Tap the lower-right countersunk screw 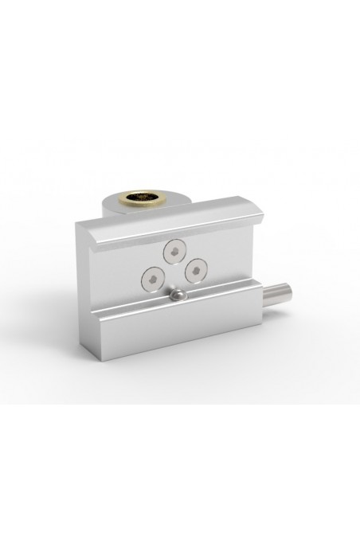(193, 271)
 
